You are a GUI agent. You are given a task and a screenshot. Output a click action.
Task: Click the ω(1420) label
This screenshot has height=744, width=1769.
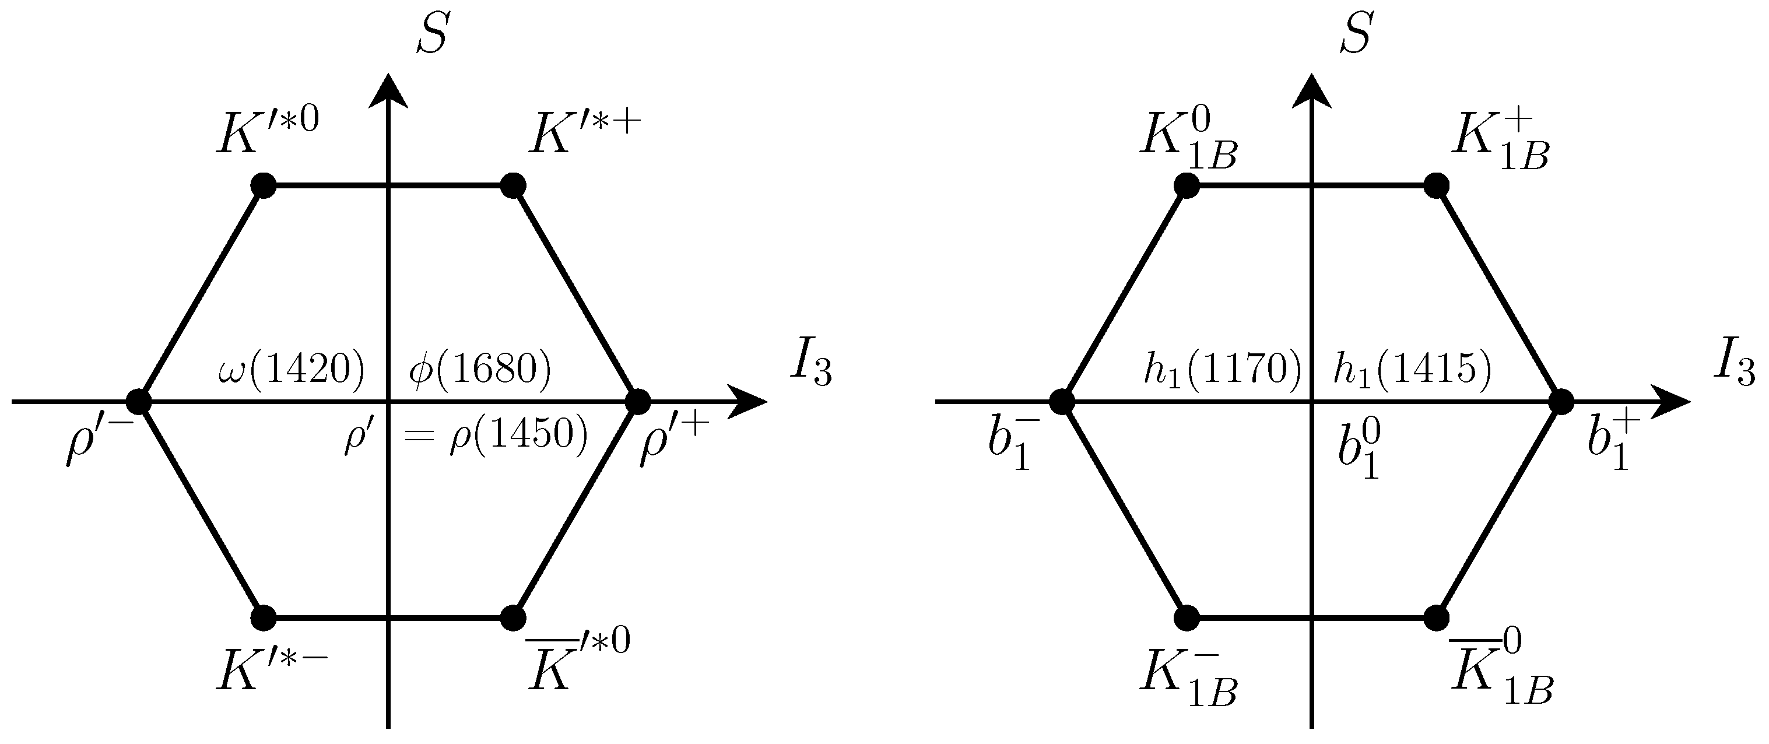[290, 370]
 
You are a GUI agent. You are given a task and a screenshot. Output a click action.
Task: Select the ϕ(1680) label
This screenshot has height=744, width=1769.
[480, 370]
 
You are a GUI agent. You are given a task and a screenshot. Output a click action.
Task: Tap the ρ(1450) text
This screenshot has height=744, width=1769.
[518, 435]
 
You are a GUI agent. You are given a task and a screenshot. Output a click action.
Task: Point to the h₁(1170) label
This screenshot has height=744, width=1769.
[1222, 369]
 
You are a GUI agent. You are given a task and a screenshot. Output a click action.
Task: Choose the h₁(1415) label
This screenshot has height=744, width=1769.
[1413, 369]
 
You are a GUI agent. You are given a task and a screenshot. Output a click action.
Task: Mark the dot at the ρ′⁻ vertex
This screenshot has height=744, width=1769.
[139, 401]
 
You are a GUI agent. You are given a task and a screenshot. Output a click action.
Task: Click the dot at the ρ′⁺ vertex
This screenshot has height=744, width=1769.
[638, 401]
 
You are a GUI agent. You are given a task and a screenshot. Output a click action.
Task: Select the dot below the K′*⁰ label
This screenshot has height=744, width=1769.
[264, 185]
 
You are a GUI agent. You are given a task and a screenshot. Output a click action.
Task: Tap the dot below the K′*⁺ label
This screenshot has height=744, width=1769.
[513, 185]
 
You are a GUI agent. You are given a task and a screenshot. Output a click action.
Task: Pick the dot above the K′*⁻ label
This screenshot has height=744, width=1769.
[264, 617]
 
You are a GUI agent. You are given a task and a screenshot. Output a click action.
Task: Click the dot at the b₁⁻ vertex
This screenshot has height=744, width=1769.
[1062, 401]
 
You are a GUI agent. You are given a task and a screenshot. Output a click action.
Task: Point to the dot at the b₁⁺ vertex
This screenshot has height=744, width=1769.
[1561, 401]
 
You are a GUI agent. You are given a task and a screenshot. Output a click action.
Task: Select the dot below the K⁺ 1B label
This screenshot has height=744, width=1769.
[1437, 185]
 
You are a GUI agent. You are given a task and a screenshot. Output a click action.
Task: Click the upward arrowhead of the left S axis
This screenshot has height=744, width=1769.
[389, 91]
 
